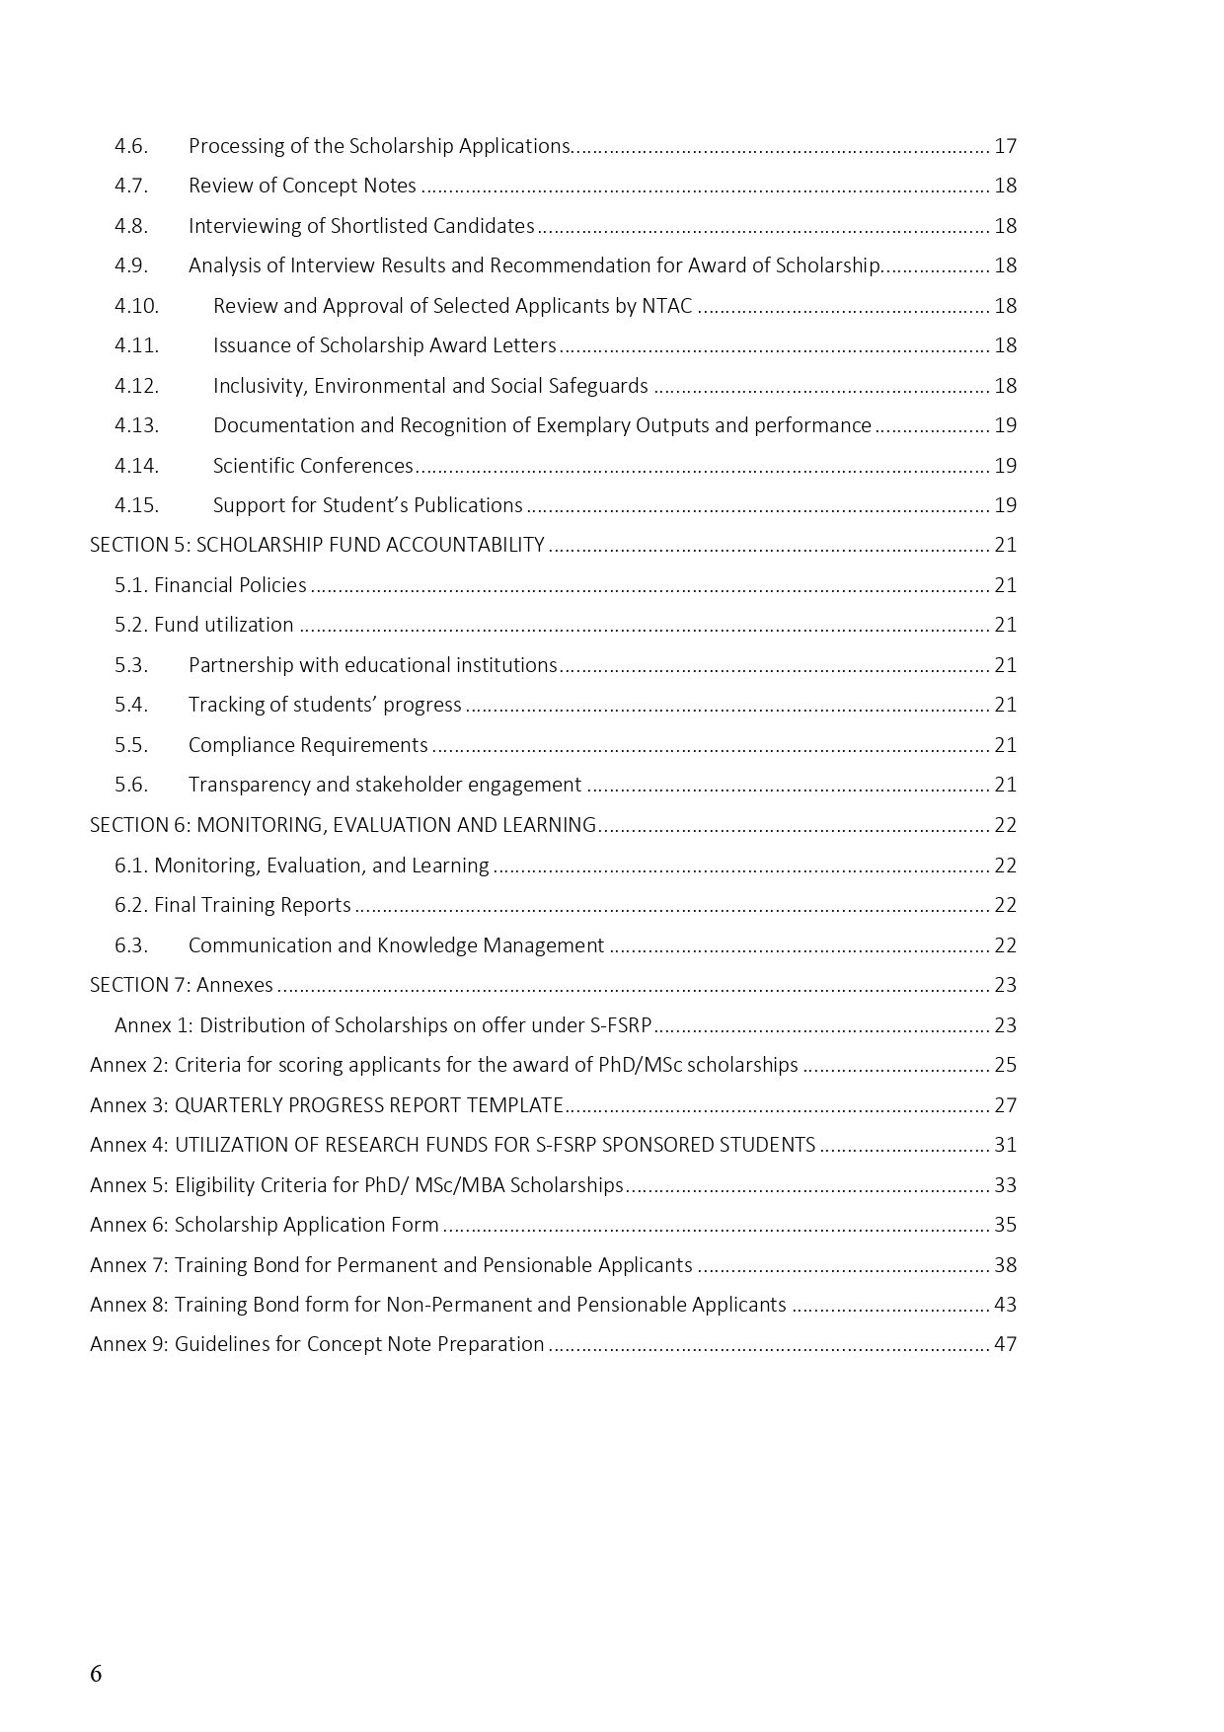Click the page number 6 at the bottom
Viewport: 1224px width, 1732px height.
point(96,1674)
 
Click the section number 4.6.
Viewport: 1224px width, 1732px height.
point(130,146)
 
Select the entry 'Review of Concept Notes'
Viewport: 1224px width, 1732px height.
point(302,186)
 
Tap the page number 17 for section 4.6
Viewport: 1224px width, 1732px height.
point(1005,146)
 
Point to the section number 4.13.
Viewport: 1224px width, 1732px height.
point(136,425)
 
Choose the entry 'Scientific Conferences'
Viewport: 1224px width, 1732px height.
point(313,466)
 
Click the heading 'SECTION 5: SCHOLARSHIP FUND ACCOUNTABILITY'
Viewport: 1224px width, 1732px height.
point(317,545)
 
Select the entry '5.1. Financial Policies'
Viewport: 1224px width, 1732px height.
point(210,585)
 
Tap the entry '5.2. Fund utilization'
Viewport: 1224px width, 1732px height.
point(203,625)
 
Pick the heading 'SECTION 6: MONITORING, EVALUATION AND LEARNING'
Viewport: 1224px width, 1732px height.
point(343,825)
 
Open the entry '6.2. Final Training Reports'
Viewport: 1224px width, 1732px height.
point(232,905)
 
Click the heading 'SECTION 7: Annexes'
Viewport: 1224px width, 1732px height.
point(182,985)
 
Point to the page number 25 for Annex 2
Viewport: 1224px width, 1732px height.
point(1005,1065)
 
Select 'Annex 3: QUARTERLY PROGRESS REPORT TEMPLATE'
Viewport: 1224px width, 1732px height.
point(326,1105)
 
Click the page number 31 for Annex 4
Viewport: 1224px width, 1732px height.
point(1005,1145)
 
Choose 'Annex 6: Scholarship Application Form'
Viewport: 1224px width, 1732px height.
point(264,1225)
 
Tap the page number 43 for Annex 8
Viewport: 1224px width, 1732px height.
point(1005,1305)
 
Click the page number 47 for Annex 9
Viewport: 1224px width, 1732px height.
point(1005,1344)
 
